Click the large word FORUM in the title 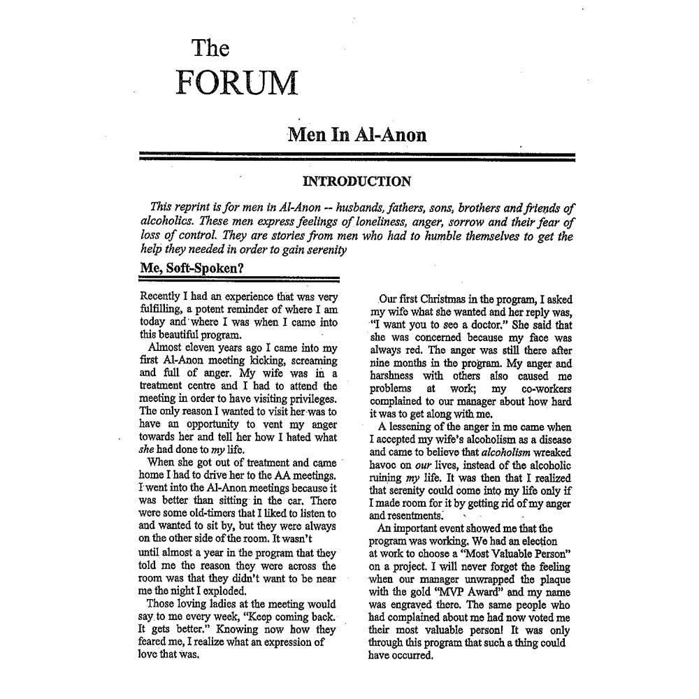236,83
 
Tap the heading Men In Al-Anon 356,134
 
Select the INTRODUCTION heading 356,182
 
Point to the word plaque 552,579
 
